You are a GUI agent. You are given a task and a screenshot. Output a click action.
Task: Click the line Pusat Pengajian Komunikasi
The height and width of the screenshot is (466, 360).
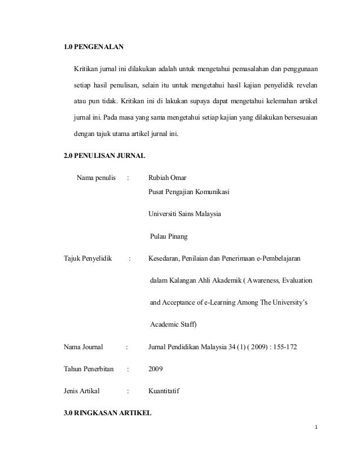(188, 191)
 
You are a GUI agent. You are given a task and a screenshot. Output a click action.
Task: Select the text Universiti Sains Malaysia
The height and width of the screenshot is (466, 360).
(185, 214)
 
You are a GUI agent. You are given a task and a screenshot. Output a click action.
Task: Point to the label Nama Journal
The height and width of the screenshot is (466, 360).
(86, 346)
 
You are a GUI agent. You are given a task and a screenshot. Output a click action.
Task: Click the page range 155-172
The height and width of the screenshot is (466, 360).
(276, 346)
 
